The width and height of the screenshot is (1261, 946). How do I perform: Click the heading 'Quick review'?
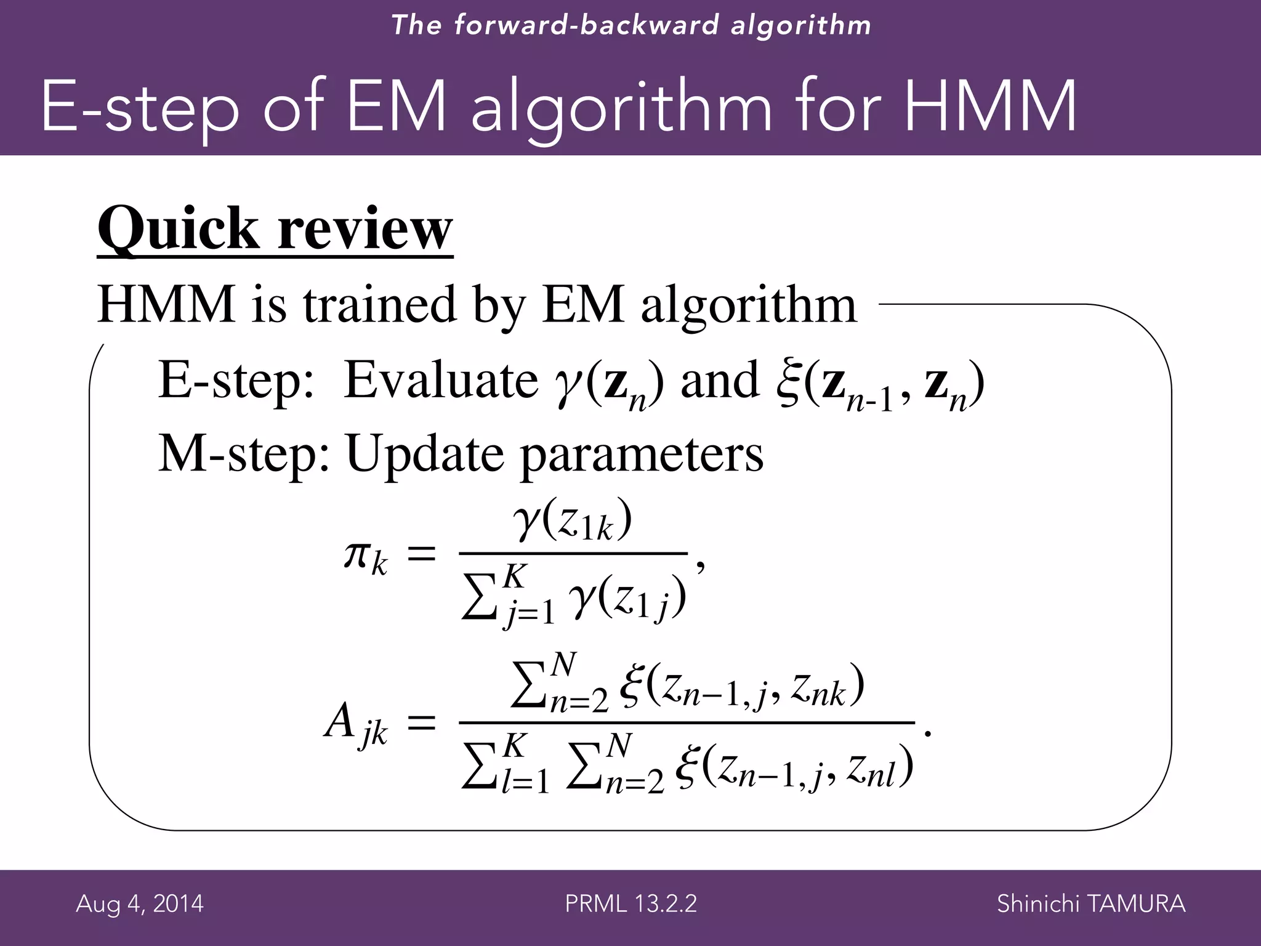pos(275,229)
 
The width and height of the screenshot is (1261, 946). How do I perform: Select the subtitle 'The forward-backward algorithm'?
pos(630,25)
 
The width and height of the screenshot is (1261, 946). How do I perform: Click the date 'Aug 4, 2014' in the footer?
pos(140,904)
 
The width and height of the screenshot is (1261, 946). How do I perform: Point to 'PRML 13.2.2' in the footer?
pos(630,904)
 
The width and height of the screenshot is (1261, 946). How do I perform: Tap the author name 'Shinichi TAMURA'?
pos(1091,904)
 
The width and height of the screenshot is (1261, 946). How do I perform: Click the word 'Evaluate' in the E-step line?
pos(441,380)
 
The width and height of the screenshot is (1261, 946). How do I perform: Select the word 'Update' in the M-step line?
pos(425,455)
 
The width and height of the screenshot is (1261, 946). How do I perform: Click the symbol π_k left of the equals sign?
pos(365,557)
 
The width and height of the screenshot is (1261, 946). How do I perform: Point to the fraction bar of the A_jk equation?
pos(687,722)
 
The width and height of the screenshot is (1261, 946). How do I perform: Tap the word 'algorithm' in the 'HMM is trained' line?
pos(749,305)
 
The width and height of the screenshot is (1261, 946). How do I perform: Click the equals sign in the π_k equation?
pos(422,554)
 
